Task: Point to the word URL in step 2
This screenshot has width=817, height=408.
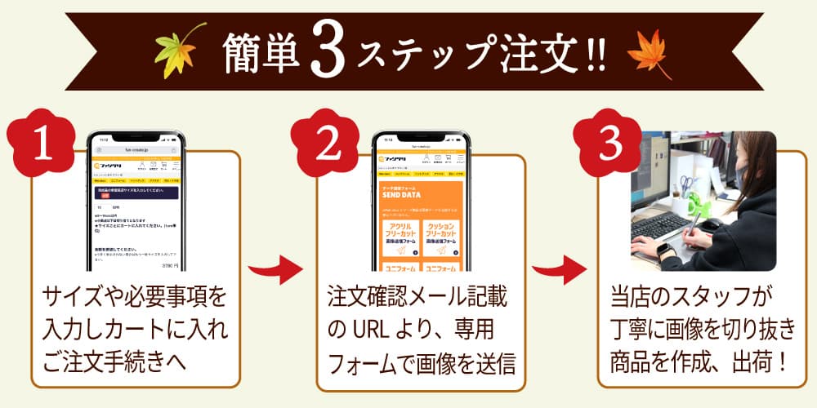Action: pyautogui.click(x=371, y=331)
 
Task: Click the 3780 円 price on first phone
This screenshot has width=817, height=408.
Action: pyautogui.click(x=169, y=265)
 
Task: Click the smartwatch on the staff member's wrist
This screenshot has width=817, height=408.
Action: pyautogui.click(x=663, y=249)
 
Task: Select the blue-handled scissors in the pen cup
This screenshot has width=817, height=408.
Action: pyautogui.click(x=687, y=184)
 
